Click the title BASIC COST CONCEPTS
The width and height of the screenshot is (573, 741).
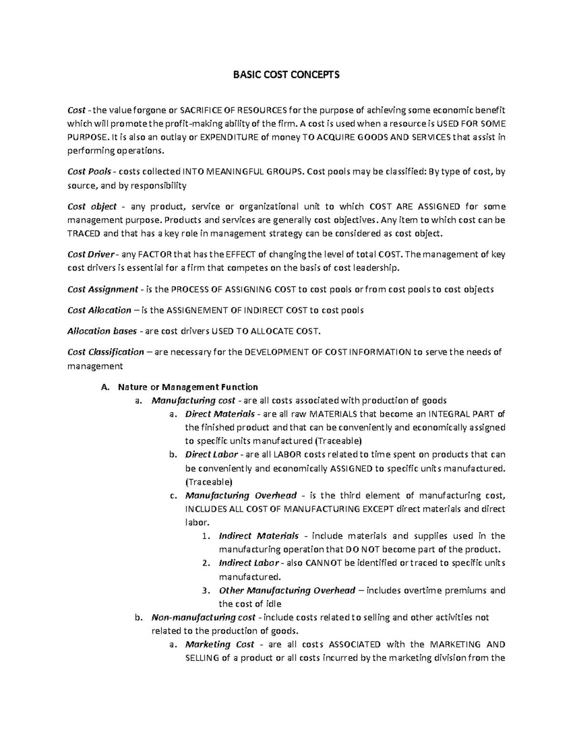286,75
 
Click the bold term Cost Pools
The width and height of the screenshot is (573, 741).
89,171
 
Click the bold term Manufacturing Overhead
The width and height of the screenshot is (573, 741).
241,495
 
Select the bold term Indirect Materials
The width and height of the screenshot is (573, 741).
258,536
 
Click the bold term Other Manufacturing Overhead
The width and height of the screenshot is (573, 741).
286,590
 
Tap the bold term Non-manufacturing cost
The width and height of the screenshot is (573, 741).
203,617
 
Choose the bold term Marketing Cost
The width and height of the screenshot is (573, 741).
219,645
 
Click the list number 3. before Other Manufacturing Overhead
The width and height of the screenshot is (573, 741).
205,590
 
